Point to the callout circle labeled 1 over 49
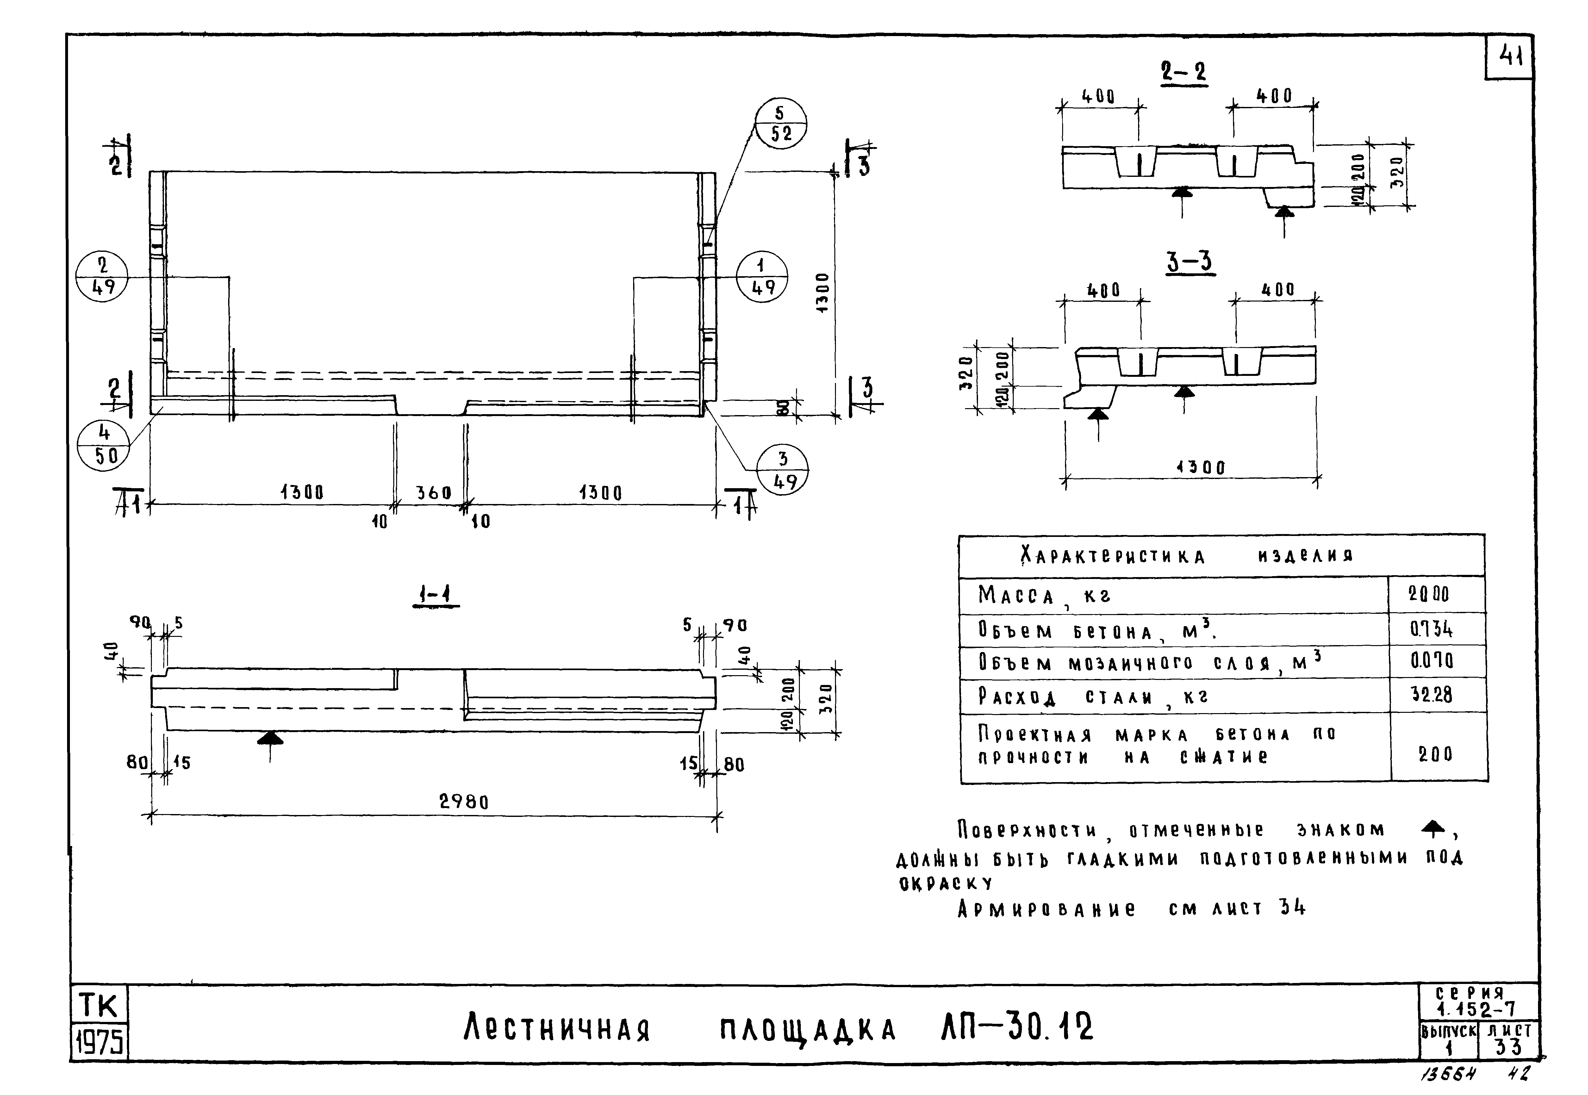tap(762, 277)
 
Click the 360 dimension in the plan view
tap(433, 493)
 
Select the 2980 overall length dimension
tap(464, 801)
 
